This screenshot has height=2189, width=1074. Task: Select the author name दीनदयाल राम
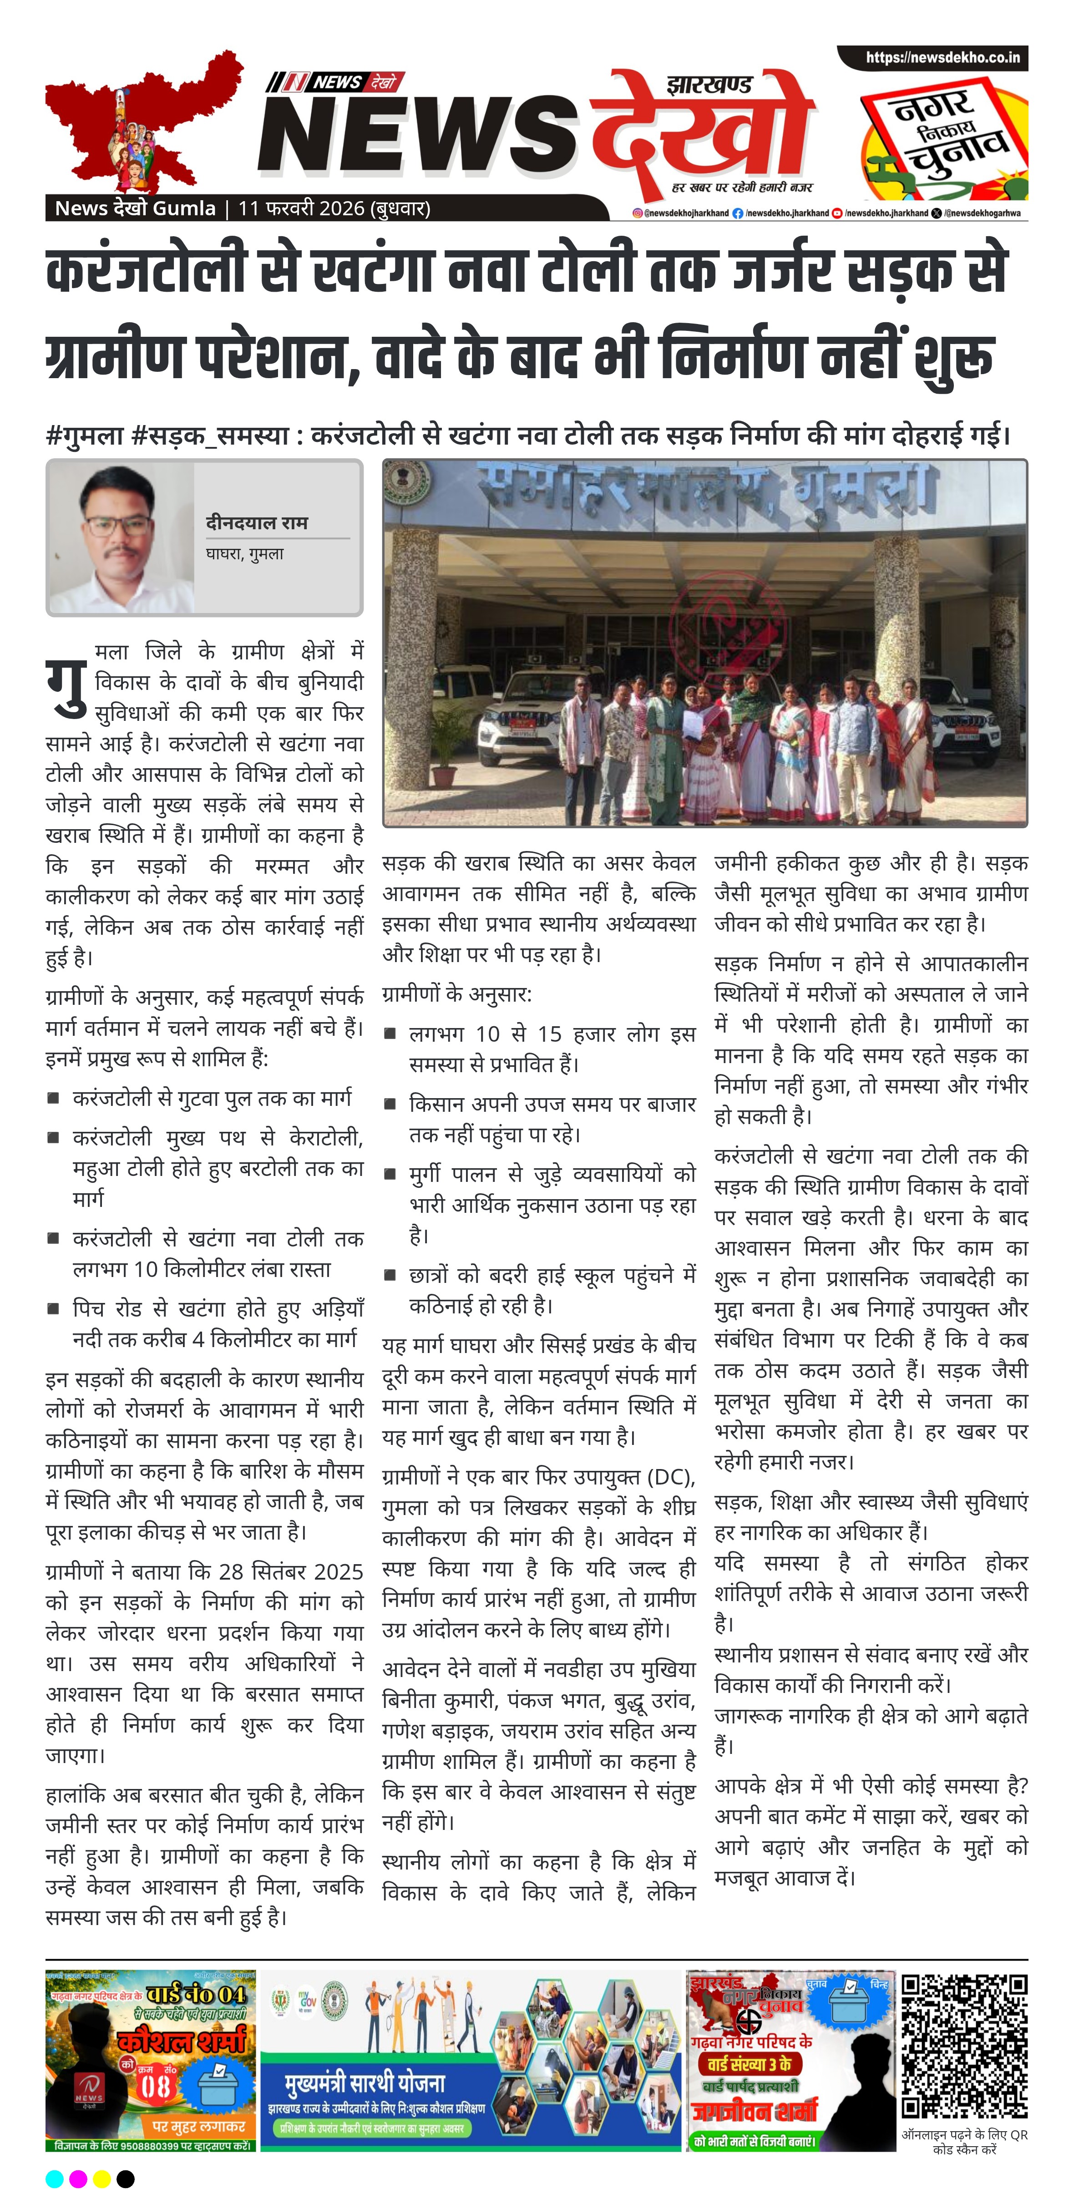point(257,522)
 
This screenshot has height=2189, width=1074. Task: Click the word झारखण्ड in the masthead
point(709,85)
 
